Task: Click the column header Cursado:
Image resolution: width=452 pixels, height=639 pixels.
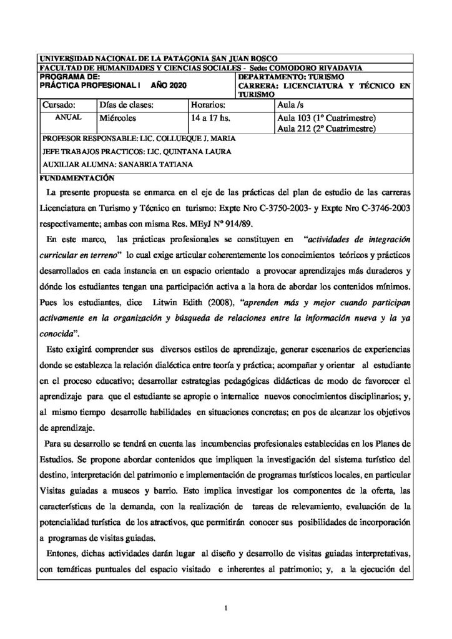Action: click(59, 105)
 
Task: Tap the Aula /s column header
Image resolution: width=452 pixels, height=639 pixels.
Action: click(292, 105)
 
